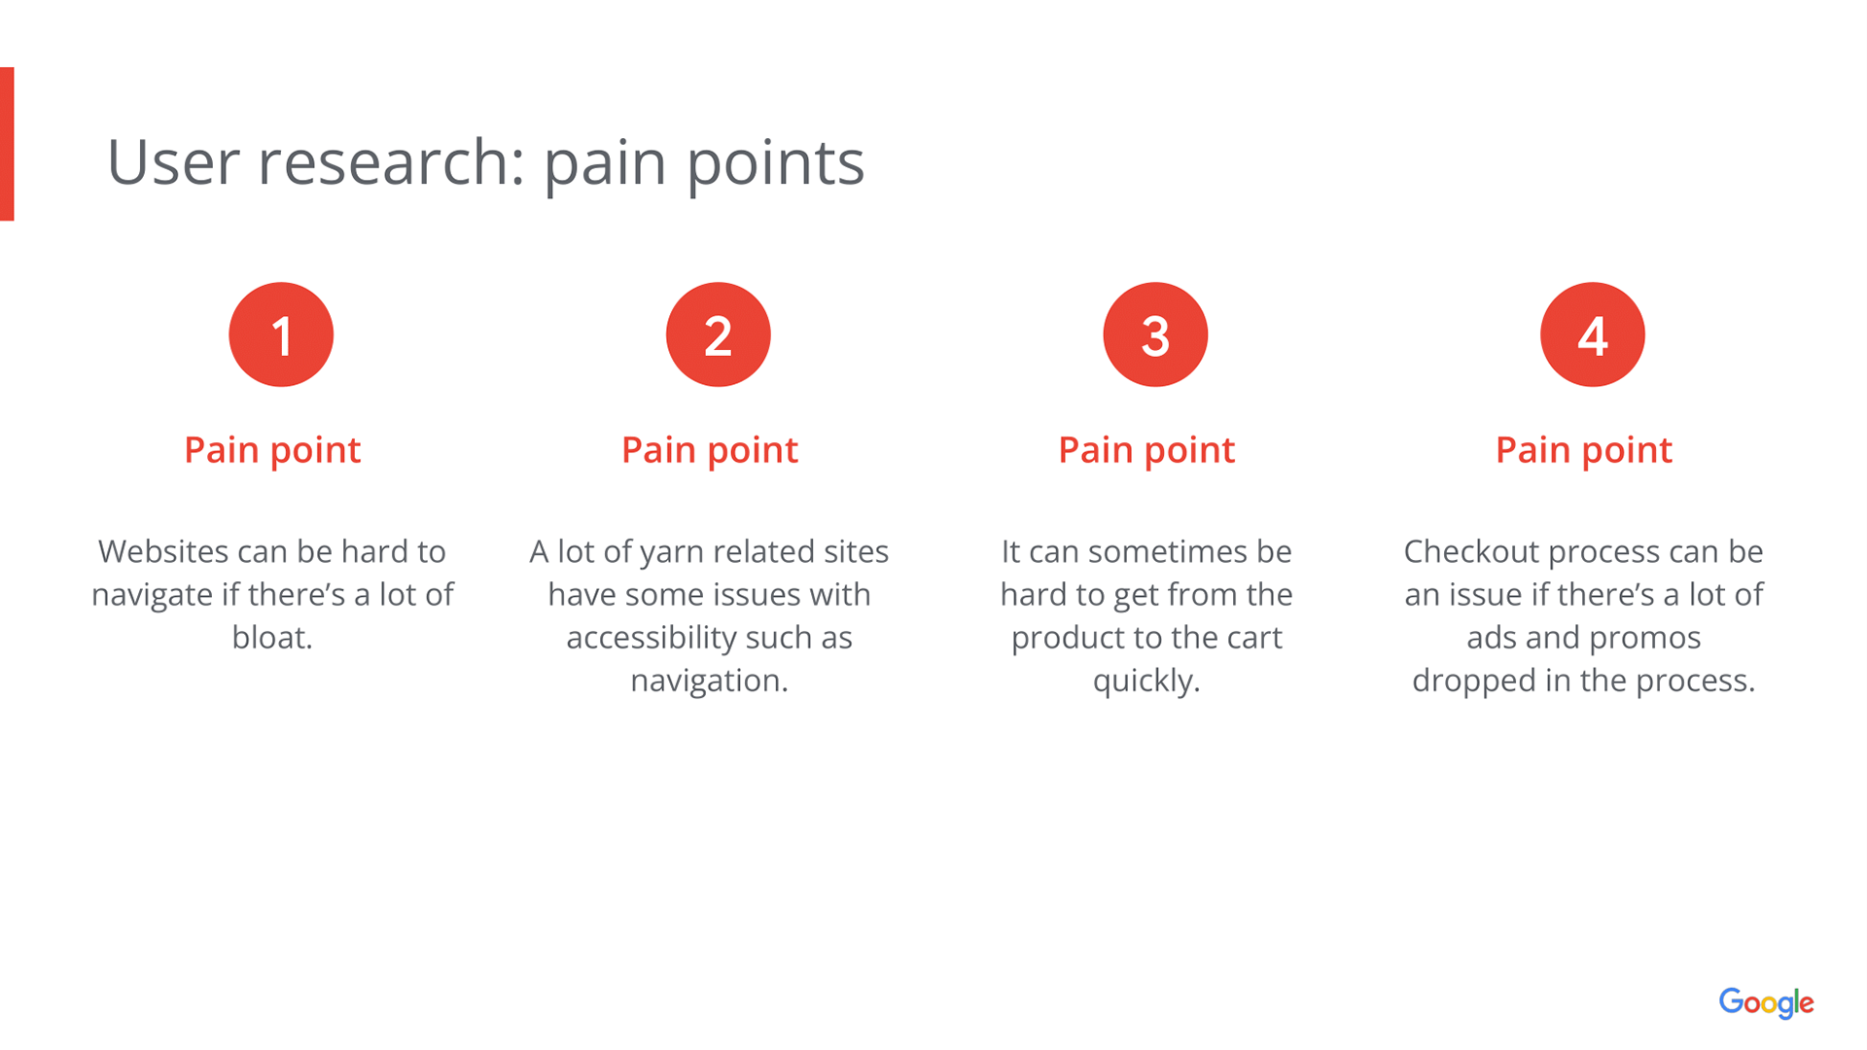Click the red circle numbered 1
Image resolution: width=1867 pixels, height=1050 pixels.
click(281, 334)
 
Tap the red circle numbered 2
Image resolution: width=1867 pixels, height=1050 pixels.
click(719, 334)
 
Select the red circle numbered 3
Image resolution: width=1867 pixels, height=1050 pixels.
click(1155, 334)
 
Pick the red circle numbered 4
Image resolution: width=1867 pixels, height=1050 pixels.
click(1593, 334)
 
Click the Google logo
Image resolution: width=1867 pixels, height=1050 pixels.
click(1766, 1002)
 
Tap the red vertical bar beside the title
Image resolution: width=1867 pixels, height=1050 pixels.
click(7, 144)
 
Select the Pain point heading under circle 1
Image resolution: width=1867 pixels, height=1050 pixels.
click(272, 450)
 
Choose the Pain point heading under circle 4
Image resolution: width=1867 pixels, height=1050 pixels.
click(1584, 450)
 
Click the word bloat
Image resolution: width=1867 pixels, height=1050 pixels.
click(272, 637)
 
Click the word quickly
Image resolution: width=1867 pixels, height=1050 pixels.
click(1146, 681)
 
